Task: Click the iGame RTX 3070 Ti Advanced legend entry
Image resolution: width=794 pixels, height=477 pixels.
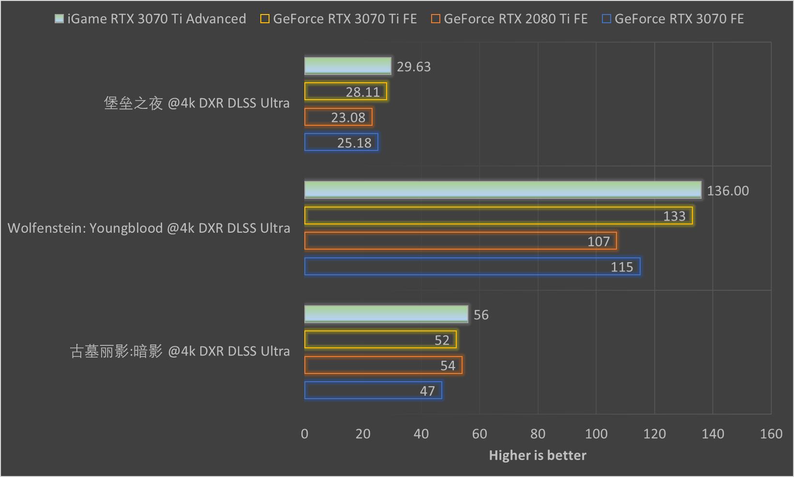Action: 150,19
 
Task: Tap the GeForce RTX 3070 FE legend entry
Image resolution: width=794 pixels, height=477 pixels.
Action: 673,19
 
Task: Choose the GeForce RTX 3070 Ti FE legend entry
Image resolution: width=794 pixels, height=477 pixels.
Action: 339,19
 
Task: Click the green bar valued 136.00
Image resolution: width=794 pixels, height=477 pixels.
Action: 503,190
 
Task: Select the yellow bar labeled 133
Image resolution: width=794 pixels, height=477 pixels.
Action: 498,216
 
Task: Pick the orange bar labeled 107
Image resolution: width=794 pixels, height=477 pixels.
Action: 460,241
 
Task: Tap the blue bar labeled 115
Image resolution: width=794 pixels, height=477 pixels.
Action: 472,267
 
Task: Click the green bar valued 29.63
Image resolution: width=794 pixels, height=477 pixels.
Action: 347,66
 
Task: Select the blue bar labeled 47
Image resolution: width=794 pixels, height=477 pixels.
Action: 373,390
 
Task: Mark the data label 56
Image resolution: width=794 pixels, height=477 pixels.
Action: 481,315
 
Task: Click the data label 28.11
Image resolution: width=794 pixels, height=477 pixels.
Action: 363,92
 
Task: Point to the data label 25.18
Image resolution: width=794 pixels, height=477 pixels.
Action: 354,143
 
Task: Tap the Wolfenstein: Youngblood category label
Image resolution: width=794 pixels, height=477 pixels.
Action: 149,228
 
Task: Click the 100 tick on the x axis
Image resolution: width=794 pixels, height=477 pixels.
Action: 596,434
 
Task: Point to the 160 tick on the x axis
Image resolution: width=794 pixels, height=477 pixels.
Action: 771,434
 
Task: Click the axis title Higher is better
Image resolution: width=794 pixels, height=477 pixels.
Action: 538,455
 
